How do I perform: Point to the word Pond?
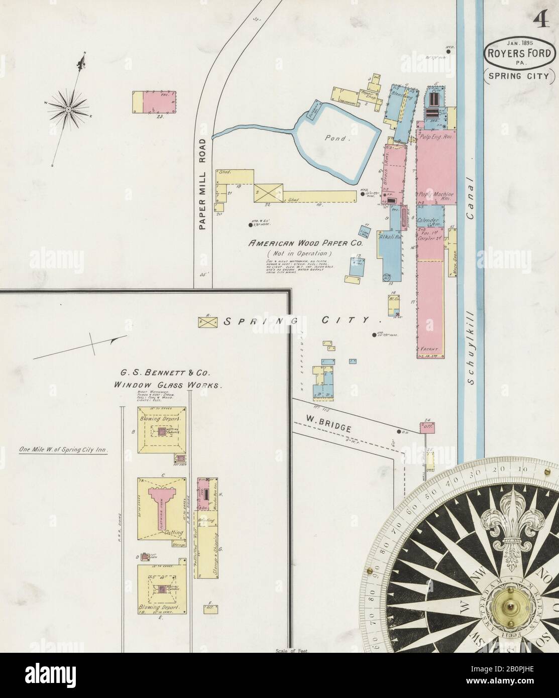[337, 138]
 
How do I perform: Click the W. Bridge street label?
[326, 420]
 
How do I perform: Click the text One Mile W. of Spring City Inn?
[63, 450]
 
